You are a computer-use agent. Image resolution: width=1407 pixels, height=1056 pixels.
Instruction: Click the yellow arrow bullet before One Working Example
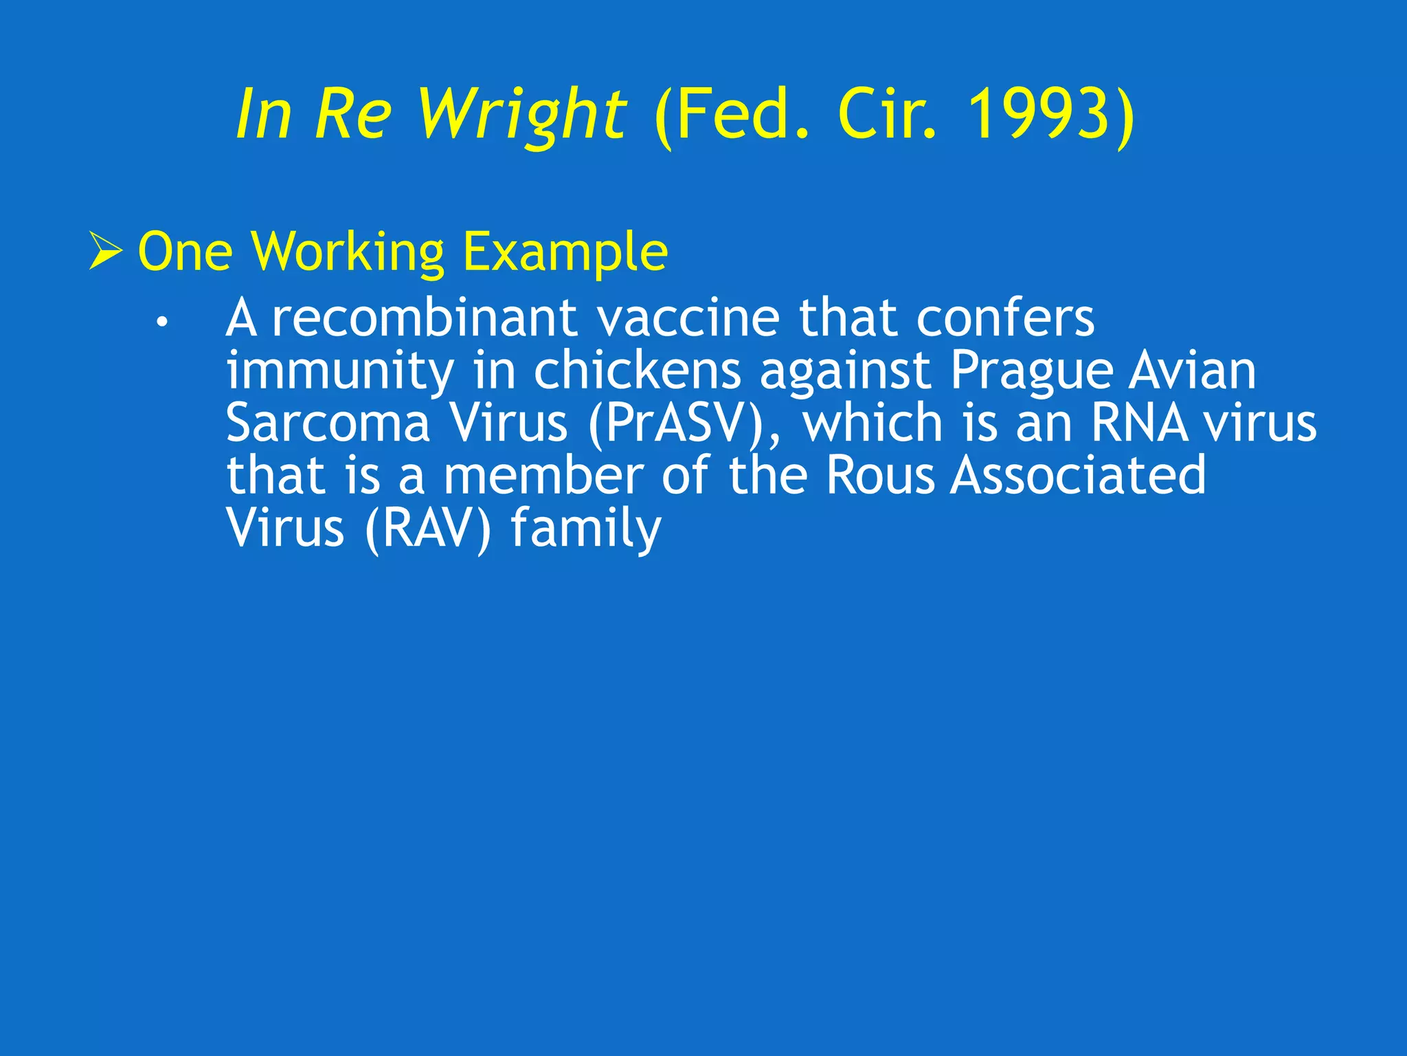tap(106, 252)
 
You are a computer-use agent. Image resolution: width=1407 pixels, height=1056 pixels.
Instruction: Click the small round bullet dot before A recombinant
tap(161, 321)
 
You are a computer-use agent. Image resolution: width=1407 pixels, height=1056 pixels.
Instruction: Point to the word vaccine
tap(687, 318)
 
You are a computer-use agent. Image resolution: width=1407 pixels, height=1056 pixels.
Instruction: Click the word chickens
tap(638, 371)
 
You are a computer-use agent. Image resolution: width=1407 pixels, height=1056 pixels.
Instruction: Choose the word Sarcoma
tap(328, 423)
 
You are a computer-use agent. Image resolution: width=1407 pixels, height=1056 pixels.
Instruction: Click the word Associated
tap(1078, 476)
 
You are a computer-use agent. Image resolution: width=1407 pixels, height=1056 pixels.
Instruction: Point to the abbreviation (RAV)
tap(428, 529)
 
